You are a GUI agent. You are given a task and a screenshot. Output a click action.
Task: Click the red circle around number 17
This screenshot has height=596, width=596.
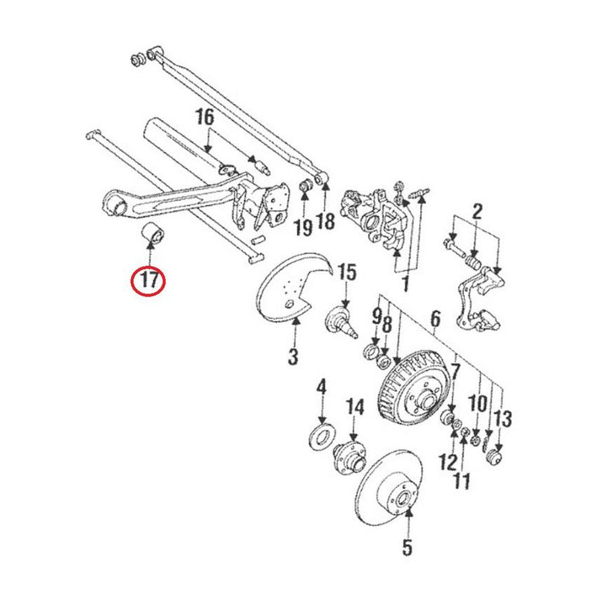[x=148, y=281]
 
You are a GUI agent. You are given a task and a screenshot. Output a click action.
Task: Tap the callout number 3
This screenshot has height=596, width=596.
[x=293, y=356]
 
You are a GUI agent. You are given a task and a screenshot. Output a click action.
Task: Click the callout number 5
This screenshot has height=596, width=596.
[x=406, y=548]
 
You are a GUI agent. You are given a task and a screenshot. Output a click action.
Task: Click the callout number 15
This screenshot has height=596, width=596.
[x=348, y=272]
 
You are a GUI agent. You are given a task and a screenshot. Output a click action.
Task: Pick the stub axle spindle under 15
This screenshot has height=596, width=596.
[x=343, y=320]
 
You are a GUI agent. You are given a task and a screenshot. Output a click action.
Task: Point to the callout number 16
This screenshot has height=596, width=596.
[x=205, y=117]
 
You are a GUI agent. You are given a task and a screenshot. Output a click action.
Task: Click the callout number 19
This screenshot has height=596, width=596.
[x=302, y=227]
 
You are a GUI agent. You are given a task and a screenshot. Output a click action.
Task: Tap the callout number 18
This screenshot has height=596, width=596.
[x=326, y=221]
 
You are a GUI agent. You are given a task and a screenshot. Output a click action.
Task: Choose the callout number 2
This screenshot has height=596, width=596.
[x=478, y=211]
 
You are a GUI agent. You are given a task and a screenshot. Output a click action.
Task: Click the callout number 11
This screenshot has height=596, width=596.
[x=462, y=481]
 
